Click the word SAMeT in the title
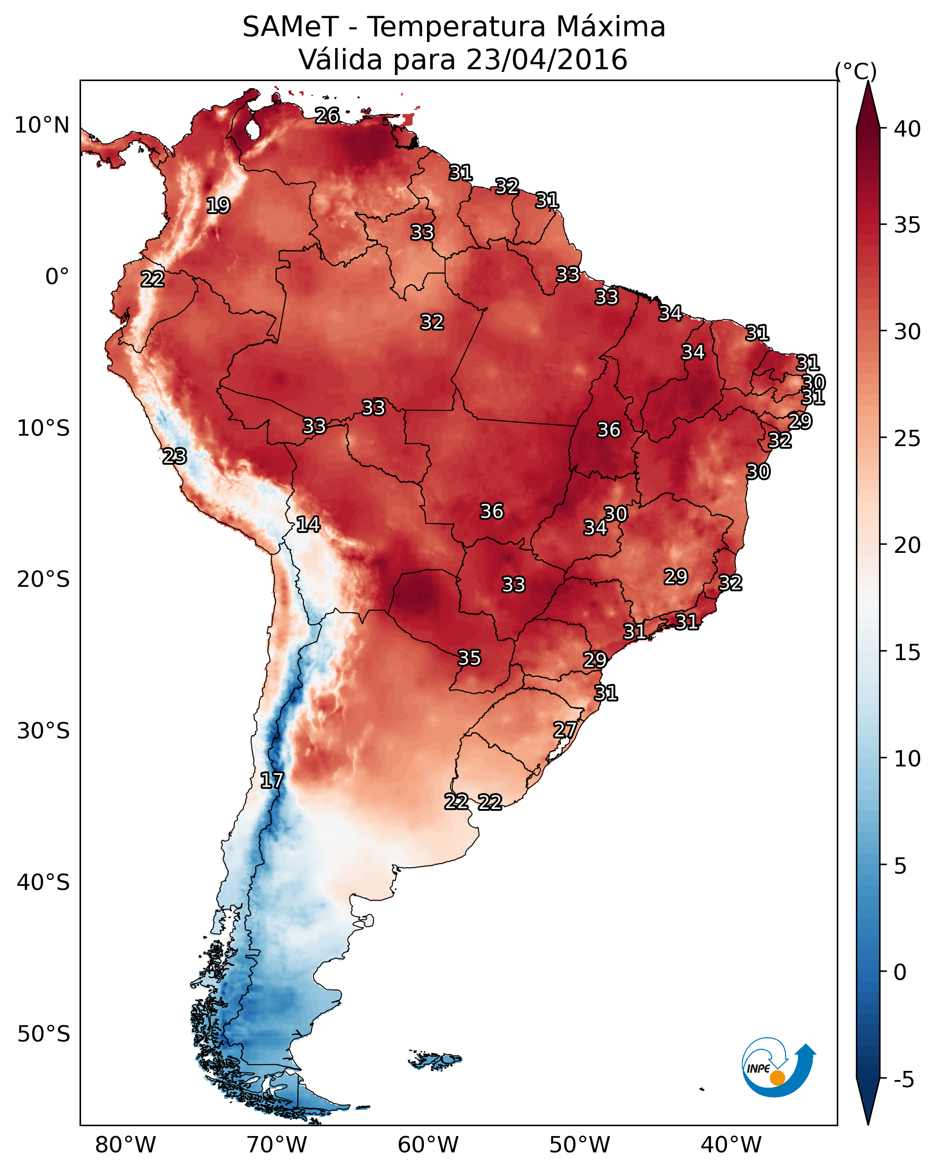pos(291,27)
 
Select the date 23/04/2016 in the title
pos(546,60)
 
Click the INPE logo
pos(779,1069)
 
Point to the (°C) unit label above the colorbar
pos(856,71)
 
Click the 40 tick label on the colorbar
pos(907,129)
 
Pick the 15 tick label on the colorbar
pos(907,652)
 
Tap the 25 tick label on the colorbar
pos(907,438)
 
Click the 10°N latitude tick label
pos(42,125)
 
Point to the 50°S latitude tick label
pos(43,1034)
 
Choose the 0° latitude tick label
pos(57,277)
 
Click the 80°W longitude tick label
pos(125,1145)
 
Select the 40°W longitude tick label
pos(731,1145)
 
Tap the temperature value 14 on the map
pos(308,525)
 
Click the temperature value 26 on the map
pos(327,115)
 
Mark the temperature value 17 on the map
pos(272,781)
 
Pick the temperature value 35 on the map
pos(470,658)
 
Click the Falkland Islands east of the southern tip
pos(435,1059)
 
